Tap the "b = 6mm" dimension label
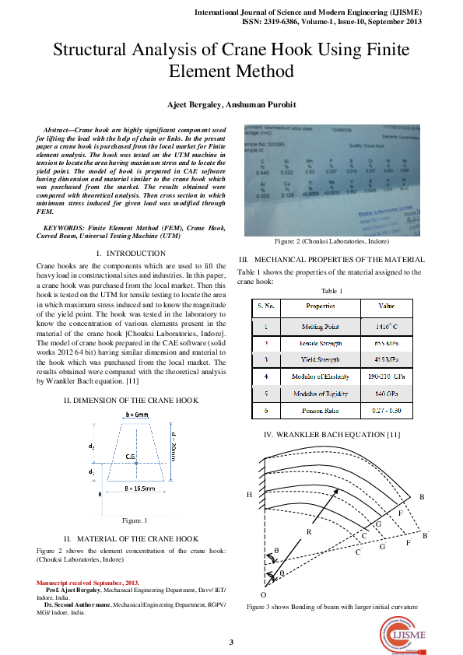click(137, 416)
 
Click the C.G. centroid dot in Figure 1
click(137, 464)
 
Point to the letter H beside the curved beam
click(249, 495)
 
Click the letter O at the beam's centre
click(262, 594)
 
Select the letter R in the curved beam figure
click(309, 532)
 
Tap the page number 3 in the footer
click(231, 642)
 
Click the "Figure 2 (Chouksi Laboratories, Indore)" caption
click(331, 241)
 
